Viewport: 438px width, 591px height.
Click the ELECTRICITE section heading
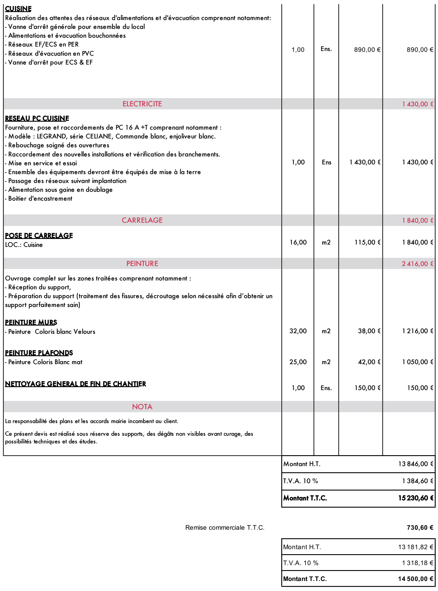142,104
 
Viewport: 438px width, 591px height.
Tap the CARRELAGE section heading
142,220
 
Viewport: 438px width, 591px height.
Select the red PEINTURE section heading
142,264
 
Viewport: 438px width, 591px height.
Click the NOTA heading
142,407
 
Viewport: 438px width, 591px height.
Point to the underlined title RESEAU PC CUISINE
37,118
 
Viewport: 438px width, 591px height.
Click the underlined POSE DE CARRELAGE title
39,236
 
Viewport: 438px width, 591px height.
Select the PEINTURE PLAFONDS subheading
39,353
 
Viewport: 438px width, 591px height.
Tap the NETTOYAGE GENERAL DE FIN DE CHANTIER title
75,384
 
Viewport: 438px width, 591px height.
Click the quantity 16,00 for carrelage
298,242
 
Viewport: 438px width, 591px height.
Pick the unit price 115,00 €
367,242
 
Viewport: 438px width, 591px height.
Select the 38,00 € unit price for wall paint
369,331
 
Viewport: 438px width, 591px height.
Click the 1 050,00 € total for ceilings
417,362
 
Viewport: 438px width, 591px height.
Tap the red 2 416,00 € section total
417,264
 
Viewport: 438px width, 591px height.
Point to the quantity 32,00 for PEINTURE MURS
298,331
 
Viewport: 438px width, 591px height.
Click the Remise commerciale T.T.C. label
225,528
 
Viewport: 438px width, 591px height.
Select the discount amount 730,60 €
420,528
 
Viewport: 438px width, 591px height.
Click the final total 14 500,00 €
415,579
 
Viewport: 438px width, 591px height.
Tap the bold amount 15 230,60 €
416,498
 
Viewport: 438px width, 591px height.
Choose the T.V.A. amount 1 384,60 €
417,481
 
